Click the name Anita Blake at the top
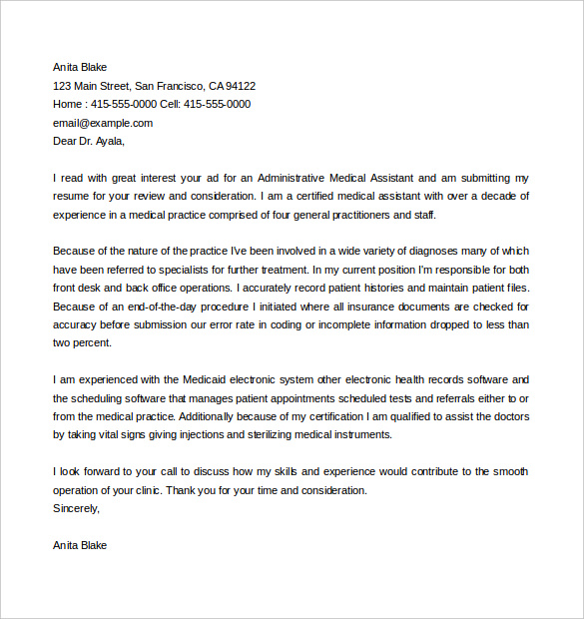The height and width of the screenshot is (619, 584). (x=80, y=67)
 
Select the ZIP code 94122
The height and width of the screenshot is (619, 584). (x=240, y=86)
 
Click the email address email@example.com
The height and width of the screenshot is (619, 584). (x=103, y=123)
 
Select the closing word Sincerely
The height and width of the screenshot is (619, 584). (x=77, y=508)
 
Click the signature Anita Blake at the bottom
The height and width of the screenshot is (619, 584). (x=80, y=545)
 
